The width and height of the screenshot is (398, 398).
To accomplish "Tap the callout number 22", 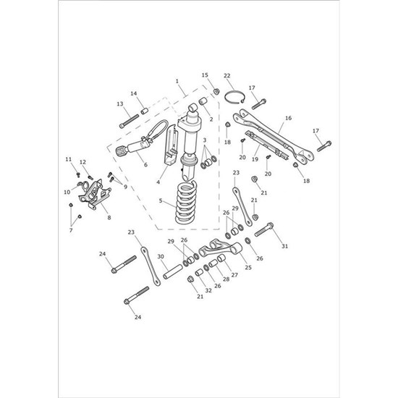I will [226, 75].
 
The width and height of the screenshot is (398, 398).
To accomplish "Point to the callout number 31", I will [284, 247].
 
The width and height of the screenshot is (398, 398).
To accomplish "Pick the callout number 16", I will [288, 118].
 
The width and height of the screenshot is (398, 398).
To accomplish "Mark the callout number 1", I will [176, 82].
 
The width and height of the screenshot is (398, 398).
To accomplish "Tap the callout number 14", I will [133, 93].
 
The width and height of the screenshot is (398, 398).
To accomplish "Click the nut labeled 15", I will [216, 91].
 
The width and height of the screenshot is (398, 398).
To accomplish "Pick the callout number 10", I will [67, 192].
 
